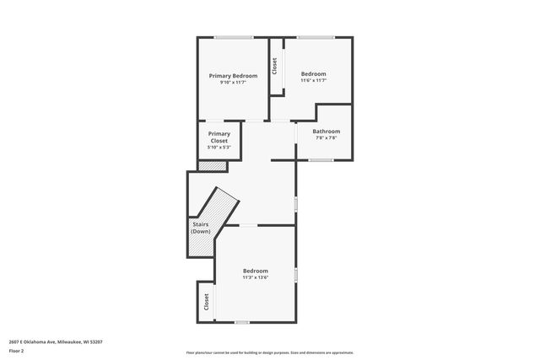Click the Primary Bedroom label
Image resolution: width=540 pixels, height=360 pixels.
click(x=233, y=76)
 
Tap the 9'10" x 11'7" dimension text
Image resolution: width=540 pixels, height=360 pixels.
click(x=233, y=83)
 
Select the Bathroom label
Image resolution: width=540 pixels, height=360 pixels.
click(x=326, y=131)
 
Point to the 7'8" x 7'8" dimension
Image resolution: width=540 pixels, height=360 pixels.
click(x=326, y=137)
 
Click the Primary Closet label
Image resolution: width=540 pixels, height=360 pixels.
click(x=219, y=137)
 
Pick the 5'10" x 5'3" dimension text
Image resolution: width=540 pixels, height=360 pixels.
click(x=219, y=148)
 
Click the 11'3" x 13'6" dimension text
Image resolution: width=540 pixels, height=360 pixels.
click(x=255, y=277)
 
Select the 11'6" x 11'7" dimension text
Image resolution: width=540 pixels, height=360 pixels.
click(x=313, y=81)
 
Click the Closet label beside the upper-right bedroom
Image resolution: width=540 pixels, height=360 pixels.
click(x=274, y=66)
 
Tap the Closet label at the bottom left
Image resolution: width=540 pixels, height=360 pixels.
click(x=206, y=302)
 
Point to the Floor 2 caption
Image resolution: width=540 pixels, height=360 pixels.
click(x=17, y=350)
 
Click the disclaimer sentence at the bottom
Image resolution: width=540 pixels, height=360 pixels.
click(x=269, y=352)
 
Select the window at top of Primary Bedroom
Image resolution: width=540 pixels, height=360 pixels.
click(x=234, y=37)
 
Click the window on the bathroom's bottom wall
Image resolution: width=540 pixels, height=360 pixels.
click(x=321, y=159)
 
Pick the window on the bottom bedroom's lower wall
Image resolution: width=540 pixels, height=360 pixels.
click(x=242, y=322)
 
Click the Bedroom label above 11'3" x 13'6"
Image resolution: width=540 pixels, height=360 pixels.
click(x=255, y=270)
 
